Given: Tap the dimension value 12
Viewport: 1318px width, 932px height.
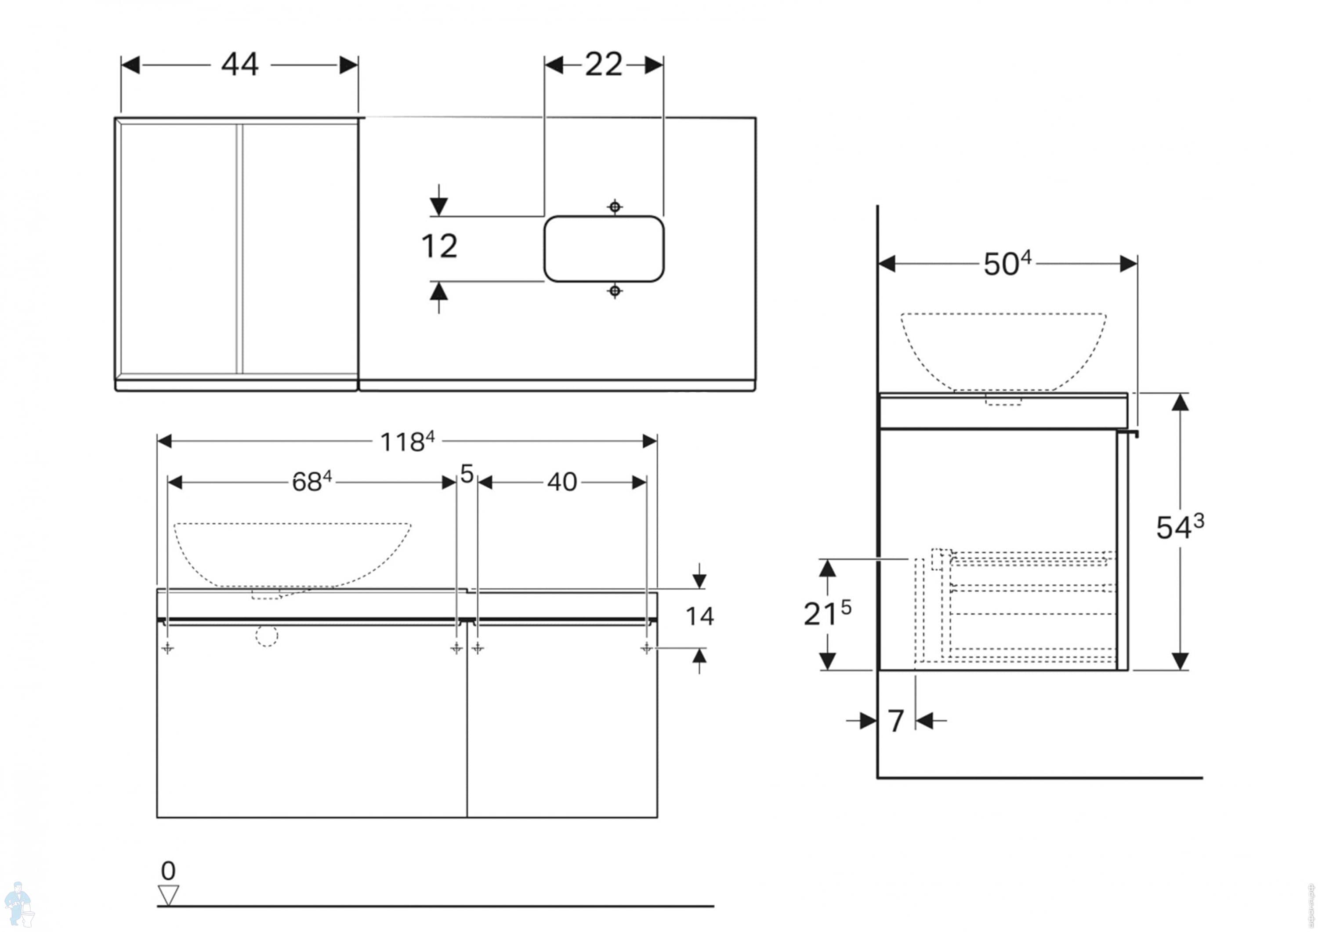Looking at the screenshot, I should [439, 247].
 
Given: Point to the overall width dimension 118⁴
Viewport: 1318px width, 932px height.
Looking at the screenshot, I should [407, 442].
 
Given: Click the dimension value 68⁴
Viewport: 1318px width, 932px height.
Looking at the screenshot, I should [311, 482].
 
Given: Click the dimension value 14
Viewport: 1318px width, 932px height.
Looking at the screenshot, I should [700, 617].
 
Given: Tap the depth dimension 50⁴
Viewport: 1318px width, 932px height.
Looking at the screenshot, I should [1007, 264].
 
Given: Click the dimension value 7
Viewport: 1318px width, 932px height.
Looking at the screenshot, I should [895, 721].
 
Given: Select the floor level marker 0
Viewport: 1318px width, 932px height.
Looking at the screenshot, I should [168, 871].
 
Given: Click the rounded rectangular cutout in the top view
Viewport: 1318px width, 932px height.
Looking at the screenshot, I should [604, 249].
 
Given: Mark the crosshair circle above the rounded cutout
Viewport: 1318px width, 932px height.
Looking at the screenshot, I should [615, 206].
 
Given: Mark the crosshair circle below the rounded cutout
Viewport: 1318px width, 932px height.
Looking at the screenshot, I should [615, 292].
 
